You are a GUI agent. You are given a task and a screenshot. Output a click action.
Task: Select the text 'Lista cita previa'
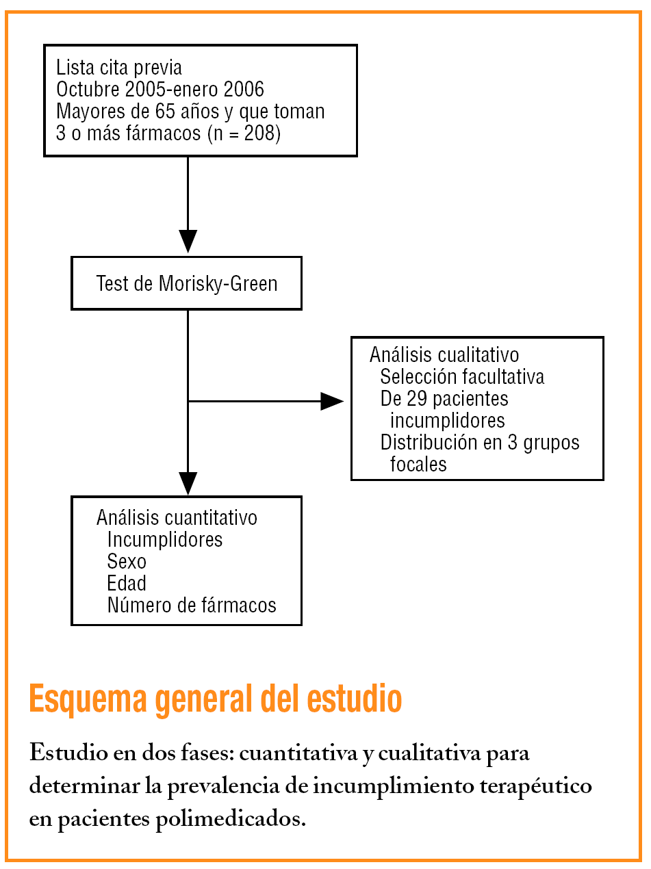(x=119, y=68)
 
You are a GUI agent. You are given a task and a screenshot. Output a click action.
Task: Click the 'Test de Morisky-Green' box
(x=186, y=283)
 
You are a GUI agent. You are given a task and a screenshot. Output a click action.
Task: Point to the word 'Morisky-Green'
(x=218, y=283)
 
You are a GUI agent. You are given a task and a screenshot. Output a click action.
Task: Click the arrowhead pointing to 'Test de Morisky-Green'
(x=187, y=241)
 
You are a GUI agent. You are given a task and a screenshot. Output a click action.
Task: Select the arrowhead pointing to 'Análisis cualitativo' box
(x=332, y=401)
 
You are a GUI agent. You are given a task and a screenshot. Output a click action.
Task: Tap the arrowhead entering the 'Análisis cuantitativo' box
(x=187, y=483)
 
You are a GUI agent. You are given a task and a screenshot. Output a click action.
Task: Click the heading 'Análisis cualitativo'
(x=444, y=354)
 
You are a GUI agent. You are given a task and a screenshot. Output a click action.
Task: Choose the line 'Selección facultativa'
(x=462, y=376)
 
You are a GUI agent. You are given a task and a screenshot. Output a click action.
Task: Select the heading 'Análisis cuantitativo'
(x=177, y=517)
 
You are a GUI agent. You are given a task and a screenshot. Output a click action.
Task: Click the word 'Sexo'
(x=127, y=562)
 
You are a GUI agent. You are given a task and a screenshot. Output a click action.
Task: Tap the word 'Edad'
(x=127, y=584)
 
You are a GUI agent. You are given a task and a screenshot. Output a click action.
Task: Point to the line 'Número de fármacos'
(x=192, y=605)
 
